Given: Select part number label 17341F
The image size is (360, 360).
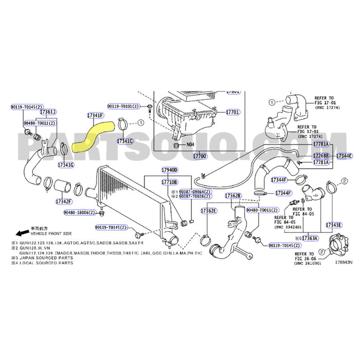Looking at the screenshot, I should point(95,115).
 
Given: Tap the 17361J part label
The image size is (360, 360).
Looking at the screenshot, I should point(48,112).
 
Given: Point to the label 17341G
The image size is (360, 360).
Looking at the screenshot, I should point(66,165).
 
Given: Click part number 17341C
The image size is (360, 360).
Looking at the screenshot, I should point(124,140).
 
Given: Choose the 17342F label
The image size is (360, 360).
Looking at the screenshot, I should point(64,201).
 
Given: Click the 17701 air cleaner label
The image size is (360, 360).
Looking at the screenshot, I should point(232,112).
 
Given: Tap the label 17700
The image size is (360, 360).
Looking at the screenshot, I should point(199,155).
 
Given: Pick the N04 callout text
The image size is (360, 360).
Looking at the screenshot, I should point(190,145).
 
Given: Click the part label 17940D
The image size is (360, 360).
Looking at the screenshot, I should point(169,170).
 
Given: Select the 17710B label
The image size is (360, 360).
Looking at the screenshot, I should point(169,182).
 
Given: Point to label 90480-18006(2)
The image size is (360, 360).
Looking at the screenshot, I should point(79,212).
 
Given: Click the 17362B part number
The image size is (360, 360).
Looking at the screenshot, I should point(233,196).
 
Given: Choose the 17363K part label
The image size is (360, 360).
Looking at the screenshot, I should point(310,239).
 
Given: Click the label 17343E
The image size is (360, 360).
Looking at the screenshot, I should point(334,225).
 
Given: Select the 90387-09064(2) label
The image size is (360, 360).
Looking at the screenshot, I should point(194,191).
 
